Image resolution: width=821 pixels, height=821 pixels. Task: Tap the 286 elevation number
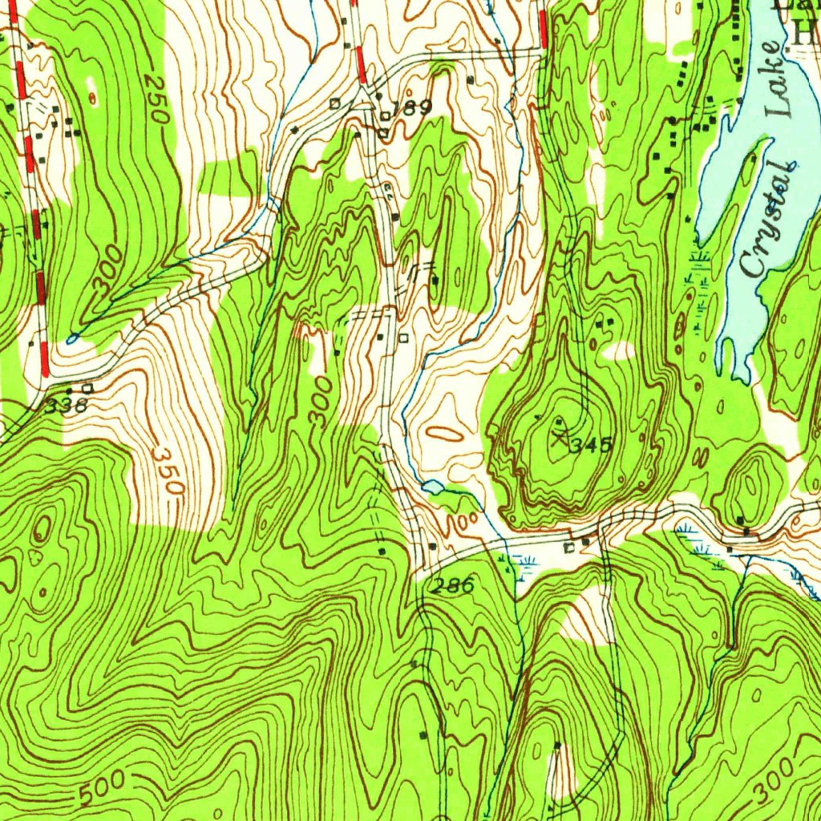(x=451, y=586)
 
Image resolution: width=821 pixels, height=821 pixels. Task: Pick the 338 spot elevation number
(x=65, y=406)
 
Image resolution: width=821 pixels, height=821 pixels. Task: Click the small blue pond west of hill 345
(x=431, y=487)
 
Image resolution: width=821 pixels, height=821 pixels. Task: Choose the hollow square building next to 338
(x=87, y=388)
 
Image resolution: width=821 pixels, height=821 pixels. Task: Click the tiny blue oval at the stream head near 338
(x=71, y=339)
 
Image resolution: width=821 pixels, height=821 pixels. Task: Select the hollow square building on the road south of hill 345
(x=569, y=548)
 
